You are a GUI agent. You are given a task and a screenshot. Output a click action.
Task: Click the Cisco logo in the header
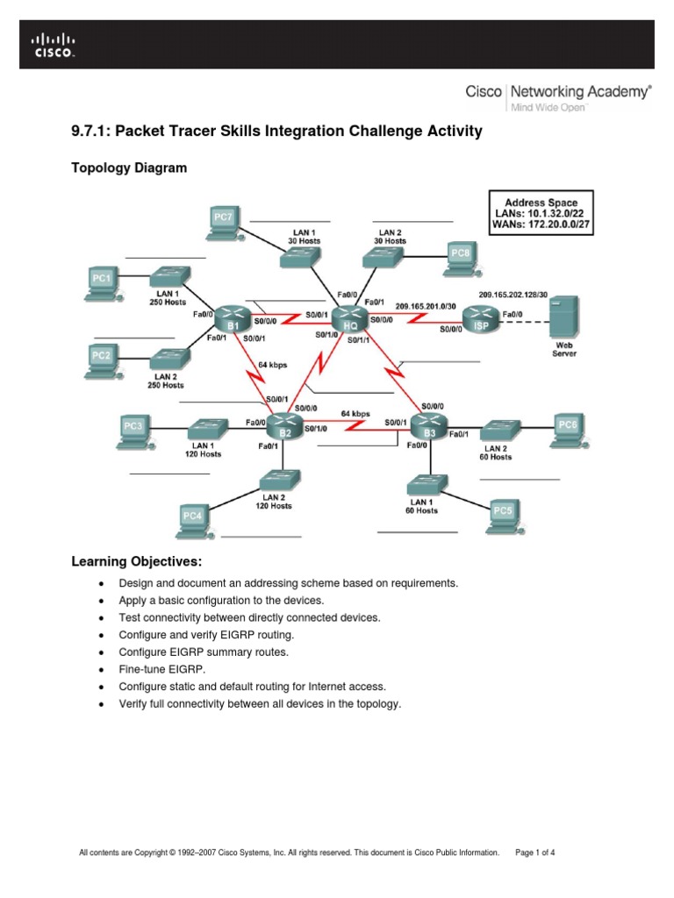(54, 45)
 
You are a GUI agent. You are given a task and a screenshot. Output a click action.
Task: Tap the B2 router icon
(285, 426)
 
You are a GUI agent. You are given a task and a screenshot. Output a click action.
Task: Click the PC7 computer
(223, 221)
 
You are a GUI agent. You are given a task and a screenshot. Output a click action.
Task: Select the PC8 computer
(460, 255)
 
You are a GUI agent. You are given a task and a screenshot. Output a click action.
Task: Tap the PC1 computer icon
(102, 282)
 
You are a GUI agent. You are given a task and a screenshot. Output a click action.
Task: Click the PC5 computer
(502, 514)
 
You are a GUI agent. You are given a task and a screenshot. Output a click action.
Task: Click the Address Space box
(541, 214)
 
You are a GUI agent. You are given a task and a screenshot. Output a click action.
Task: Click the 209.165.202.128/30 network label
(513, 295)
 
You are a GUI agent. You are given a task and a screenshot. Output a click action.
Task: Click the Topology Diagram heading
(128, 167)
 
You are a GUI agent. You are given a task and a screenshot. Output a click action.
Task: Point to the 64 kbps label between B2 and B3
(355, 413)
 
